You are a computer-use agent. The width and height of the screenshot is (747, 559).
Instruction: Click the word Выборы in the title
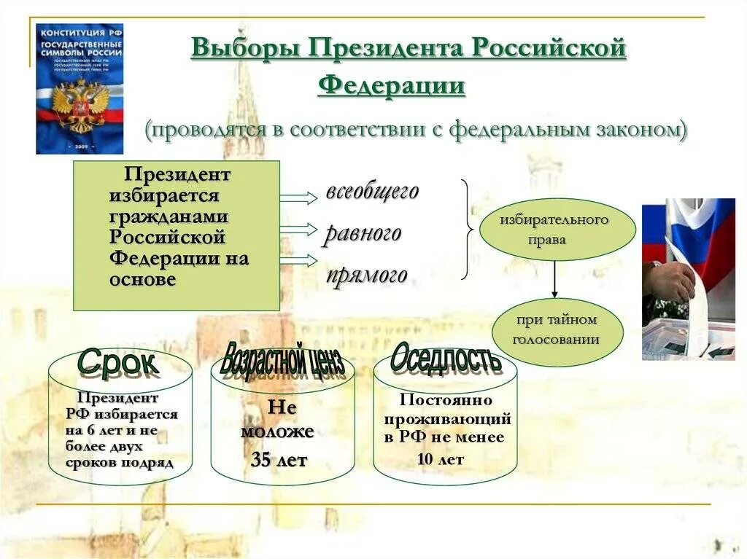245,49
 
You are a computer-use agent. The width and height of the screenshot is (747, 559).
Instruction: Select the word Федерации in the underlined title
391,85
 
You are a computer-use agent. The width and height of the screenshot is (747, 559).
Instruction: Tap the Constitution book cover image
80,88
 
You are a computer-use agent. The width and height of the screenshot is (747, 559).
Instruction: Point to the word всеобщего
372,192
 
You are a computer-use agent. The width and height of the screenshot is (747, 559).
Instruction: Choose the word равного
363,233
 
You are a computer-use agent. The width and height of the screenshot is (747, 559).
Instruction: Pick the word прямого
366,275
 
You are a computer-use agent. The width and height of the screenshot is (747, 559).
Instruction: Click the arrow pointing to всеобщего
298,198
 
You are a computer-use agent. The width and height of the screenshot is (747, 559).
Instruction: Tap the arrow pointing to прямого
298,260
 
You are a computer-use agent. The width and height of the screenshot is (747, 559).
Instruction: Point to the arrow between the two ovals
554,279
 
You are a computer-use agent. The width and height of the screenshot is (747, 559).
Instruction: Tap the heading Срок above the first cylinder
117,361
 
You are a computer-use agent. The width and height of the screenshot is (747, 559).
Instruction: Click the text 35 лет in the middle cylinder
279,460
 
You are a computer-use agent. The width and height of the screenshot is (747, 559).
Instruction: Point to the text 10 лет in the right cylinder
441,459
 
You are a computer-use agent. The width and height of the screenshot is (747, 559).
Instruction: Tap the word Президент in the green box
177,175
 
